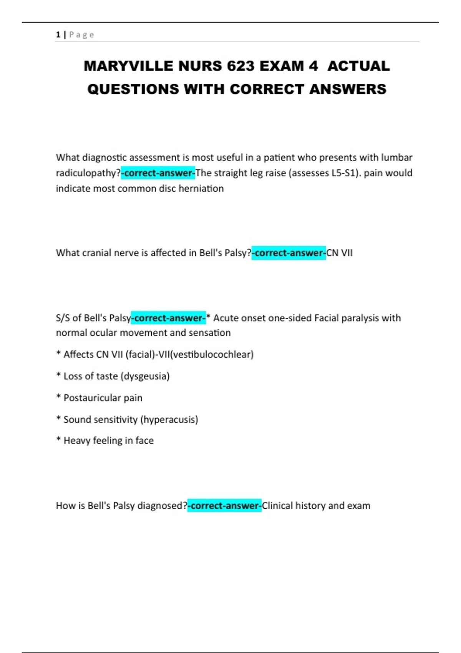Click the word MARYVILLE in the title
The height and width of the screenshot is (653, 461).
point(128,66)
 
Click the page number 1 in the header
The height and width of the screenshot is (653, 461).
point(58,35)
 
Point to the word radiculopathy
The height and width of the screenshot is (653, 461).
point(88,173)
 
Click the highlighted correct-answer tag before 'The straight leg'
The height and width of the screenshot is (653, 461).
point(158,173)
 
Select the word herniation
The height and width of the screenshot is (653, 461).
point(201,189)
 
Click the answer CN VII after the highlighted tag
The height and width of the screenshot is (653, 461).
point(339,253)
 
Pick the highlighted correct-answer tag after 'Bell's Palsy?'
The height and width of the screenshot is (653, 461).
point(289,253)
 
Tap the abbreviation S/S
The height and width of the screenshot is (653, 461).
point(63,318)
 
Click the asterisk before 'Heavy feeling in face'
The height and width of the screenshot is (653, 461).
point(58,439)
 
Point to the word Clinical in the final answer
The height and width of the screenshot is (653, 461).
point(277,506)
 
